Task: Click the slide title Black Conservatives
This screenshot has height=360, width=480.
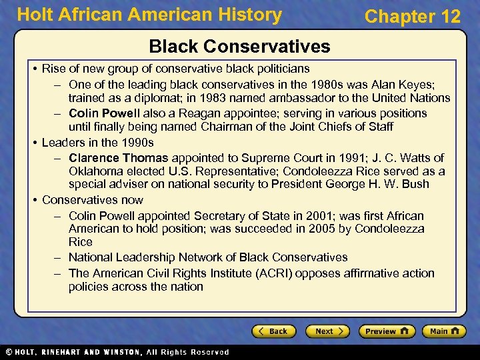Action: click(x=239, y=46)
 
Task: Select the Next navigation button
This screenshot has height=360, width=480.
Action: click(x=327, y=331)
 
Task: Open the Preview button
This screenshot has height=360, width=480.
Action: click(x=386, y=331)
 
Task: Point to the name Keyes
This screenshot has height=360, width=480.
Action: click(x=420, y=85)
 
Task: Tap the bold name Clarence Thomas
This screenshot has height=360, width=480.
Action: click(x=119, y=158)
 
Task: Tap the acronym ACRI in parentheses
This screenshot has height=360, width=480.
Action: click(x=276, y=273)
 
